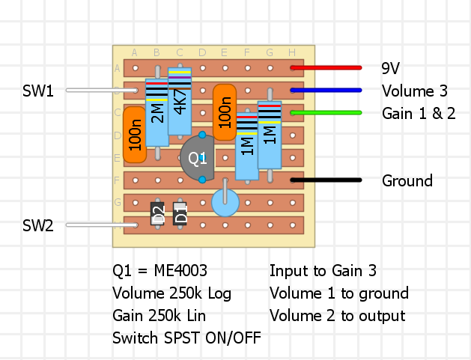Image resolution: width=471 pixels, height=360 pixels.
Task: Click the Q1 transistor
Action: click(x=196, y=159)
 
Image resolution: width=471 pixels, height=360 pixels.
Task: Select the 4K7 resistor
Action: click(x=180, y=102)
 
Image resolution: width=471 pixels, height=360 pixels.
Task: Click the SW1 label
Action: click(x=38, y=91)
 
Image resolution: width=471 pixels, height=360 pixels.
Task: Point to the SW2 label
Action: click(x=38, y=225)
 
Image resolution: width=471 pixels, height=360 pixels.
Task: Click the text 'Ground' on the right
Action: click(x=407, y=181)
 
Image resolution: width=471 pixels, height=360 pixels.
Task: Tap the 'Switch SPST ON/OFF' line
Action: click(x=186, y=338)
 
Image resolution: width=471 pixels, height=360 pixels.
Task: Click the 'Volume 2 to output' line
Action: click(x=337, y=316)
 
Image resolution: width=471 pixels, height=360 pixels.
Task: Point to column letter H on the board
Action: click(x=291, y=52)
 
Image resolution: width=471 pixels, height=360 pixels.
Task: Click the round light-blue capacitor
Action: click(x=225, y=202)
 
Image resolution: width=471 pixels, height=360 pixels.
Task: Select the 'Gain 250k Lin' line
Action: click(x=159, y=316)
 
